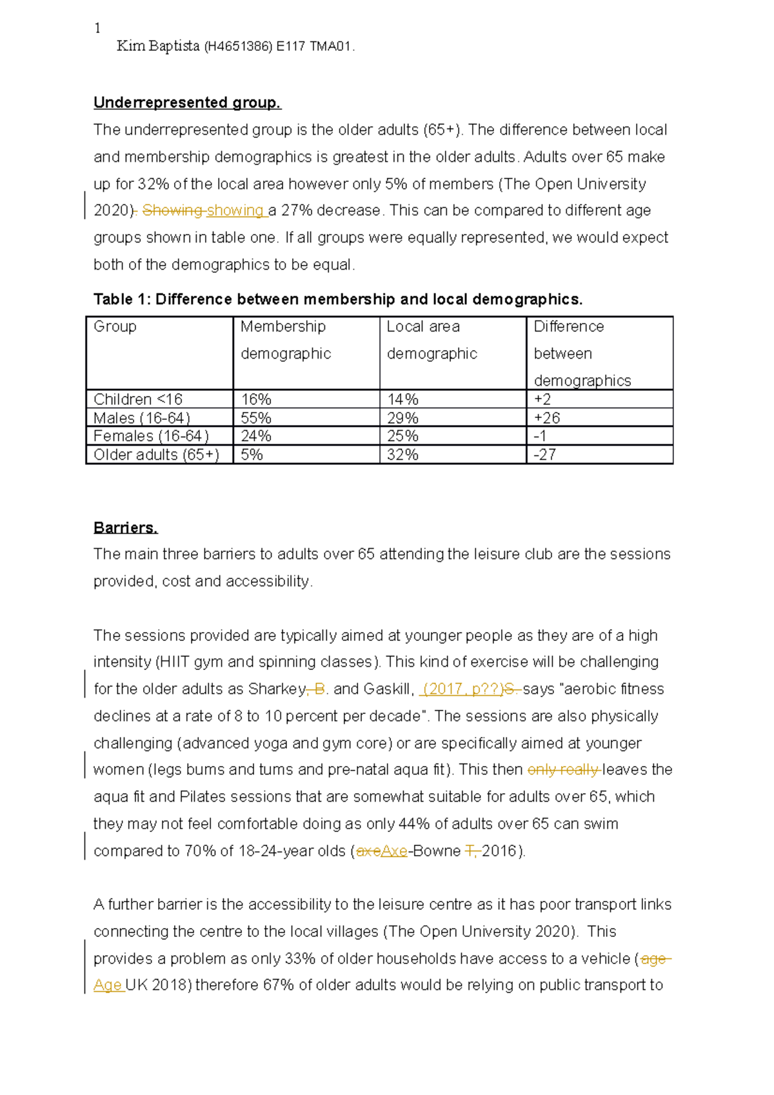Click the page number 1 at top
[97, 28]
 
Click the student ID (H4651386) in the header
[237, 46]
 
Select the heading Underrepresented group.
[187, 103]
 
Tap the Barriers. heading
[126, 528]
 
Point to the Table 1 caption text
[338, 299]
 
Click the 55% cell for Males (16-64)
[257, 418]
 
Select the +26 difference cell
[547, 418]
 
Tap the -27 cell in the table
[545, 455]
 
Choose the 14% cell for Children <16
[403, 399]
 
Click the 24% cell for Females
[256, 436]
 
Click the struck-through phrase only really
[563, 769]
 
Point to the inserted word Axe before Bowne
[394, 851]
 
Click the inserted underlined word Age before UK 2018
[107, 985]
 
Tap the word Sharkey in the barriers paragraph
[277, 689]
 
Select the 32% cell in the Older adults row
[403, 455]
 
